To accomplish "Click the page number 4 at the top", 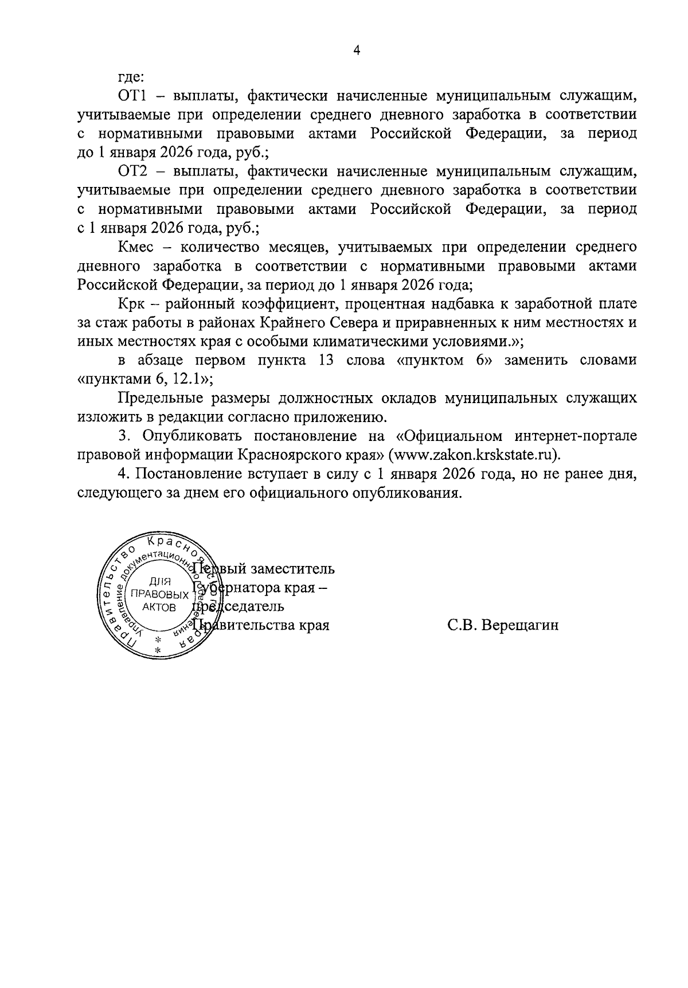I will [356, 50].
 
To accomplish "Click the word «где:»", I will [131, 77].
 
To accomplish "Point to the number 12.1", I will [189, 379].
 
